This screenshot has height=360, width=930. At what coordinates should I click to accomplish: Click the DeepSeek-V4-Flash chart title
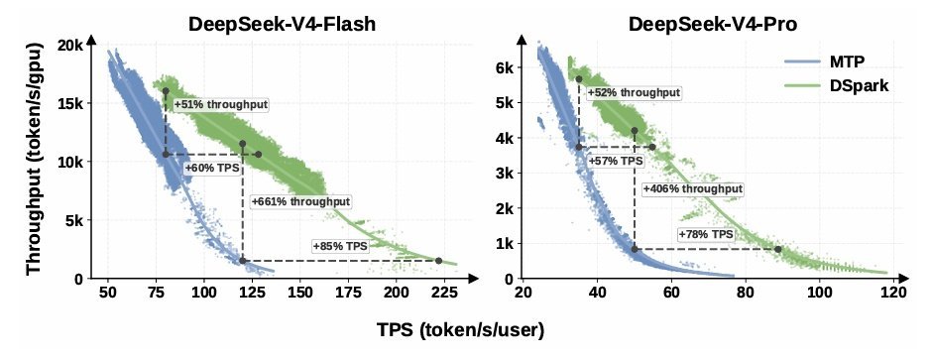pyautogui.click(x=282, y=24)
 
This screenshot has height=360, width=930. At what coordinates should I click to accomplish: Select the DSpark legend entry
pyautogui.click(x=836, y=85)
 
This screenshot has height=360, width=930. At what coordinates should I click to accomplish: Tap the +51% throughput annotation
pyautogui.click(x=221, y=105)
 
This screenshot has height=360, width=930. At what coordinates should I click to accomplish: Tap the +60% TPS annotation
pyautogui.click(x=212, y=168)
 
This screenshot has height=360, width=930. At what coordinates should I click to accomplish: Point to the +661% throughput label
pyautogui.click(x=300, y=201)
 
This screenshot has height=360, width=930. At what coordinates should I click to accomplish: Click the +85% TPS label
pyautogui.click(x=340, y=246)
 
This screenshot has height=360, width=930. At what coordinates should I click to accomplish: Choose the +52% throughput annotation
pyautogui.click(x=634, y=92)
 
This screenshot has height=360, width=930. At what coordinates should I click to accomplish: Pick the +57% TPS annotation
pyautogui.click(x=616, y=161)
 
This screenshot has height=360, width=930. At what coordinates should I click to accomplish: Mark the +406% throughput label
pyautogui.click(x=693, y=188)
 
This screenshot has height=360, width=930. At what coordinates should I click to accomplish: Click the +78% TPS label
pyautogui.click(x=706, y=234)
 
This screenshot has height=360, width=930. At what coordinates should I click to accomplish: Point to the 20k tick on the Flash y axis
pyautogui.click(x=71, y=46)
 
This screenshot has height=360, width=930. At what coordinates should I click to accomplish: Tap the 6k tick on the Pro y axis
pyautogui.click(x=505, y=67)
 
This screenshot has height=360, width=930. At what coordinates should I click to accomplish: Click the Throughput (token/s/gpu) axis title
pyautogui.click(x=35, y=159)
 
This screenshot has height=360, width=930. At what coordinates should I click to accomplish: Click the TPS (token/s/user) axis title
pyautogui.click(x=460, y=330)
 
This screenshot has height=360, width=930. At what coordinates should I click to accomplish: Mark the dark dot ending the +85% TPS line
pyautogui.click(x=439, y=261)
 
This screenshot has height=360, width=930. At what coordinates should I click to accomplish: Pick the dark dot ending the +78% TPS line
pyautogui.click(x=777, y=249)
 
